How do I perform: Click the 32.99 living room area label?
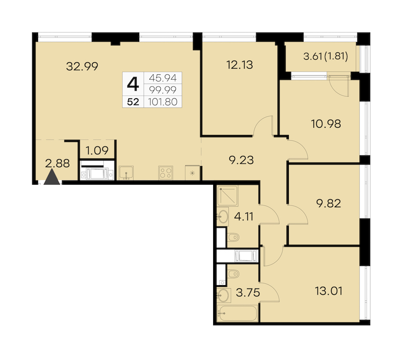82,66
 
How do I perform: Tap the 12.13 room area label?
240,65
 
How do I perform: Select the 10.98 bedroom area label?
326,124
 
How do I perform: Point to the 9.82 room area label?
329,204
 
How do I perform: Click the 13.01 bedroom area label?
329,291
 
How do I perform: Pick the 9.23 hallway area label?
241,160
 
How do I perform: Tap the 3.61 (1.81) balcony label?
326,56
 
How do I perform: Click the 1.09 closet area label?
97,150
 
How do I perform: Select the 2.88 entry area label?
57,163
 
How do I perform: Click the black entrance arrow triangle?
52,177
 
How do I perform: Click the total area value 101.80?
163,102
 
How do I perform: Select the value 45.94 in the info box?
163,78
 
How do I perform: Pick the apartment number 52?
133,102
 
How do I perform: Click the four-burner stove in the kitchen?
166,173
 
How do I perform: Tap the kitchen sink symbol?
126,173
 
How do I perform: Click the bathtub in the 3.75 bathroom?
237,313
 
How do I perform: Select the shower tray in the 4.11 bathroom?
227,195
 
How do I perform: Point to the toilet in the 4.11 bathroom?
233,237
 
